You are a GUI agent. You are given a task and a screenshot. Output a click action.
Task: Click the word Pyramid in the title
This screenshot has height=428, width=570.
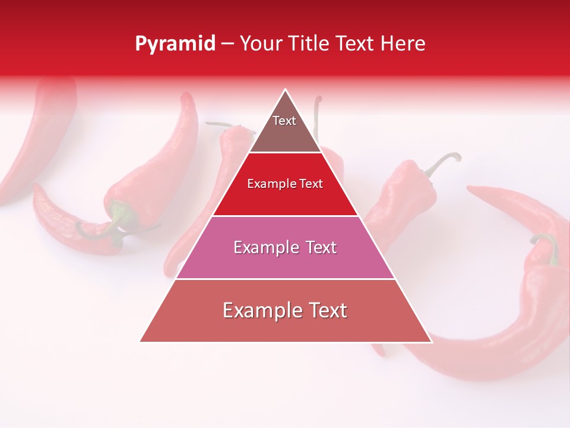[175, 44]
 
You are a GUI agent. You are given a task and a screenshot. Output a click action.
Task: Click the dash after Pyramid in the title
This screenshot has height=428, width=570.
[227, 44]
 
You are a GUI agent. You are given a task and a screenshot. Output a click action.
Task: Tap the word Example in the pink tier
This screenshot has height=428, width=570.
[264, 247]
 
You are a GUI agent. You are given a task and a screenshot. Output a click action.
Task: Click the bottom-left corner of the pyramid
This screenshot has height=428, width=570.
[140, 342]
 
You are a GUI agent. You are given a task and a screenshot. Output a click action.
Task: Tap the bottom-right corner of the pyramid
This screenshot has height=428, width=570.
[432, 342]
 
